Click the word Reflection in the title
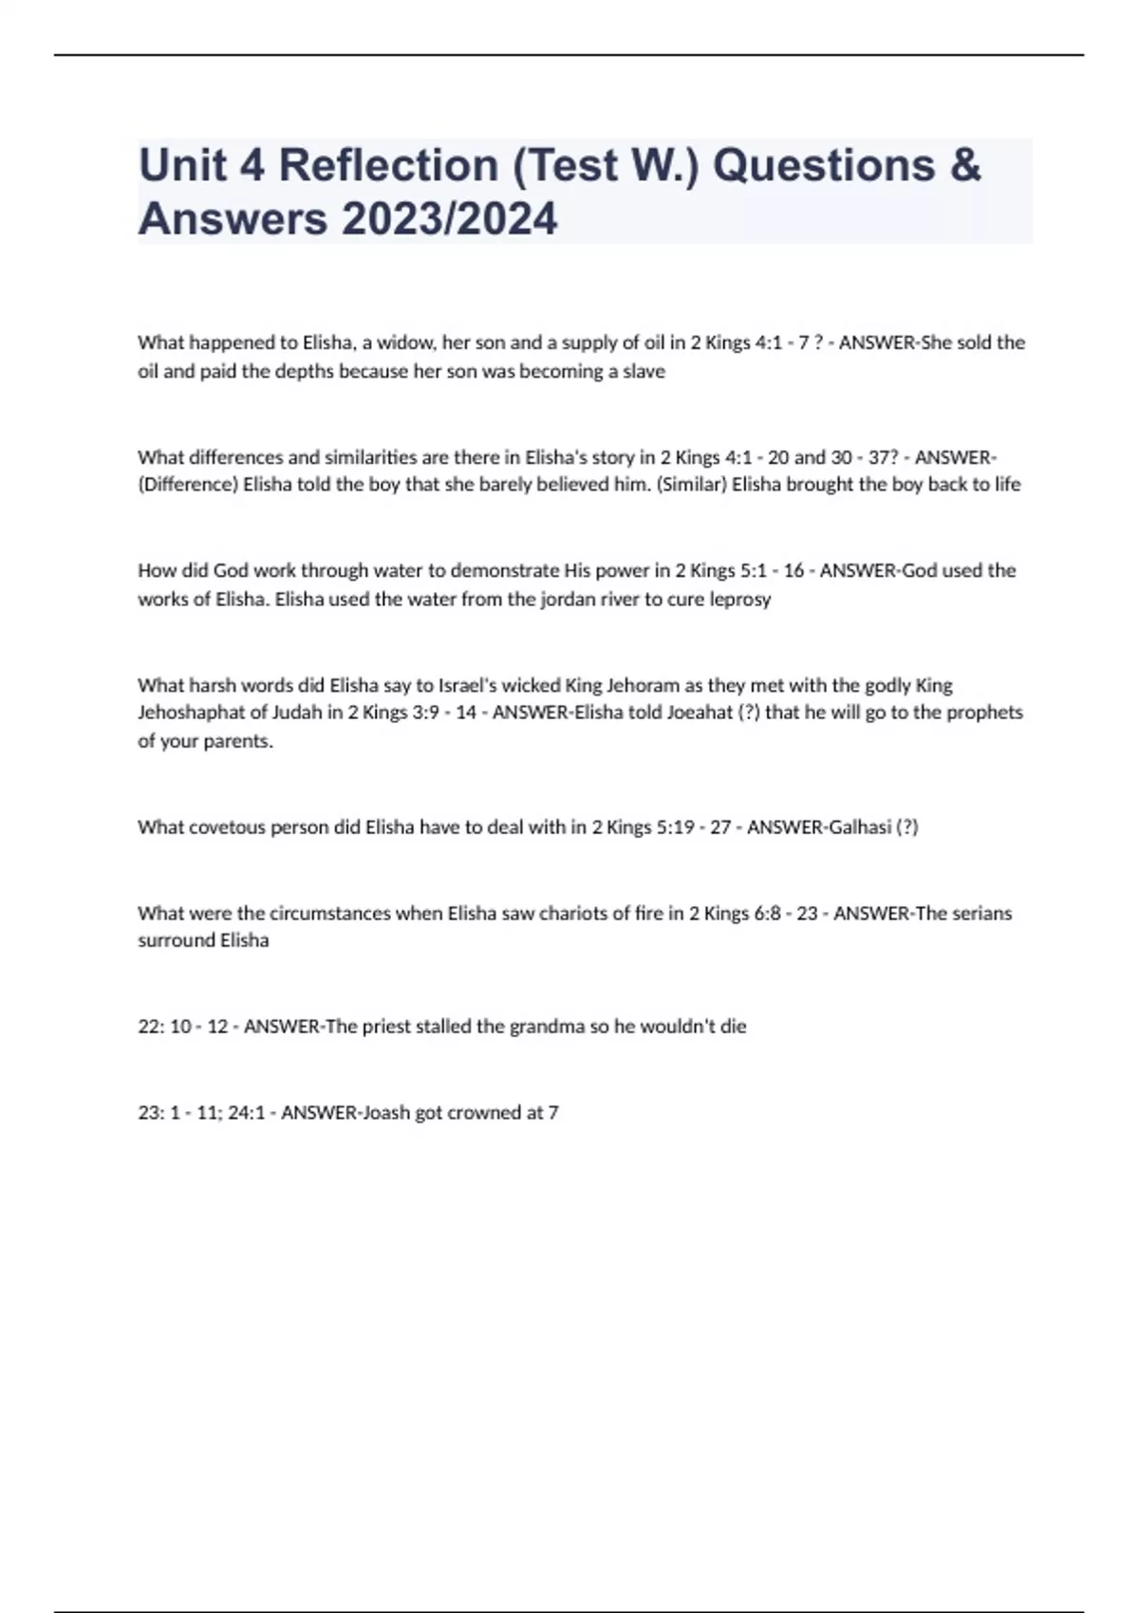(387, 166)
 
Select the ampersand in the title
(963, 166)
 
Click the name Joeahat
(700, 713)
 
